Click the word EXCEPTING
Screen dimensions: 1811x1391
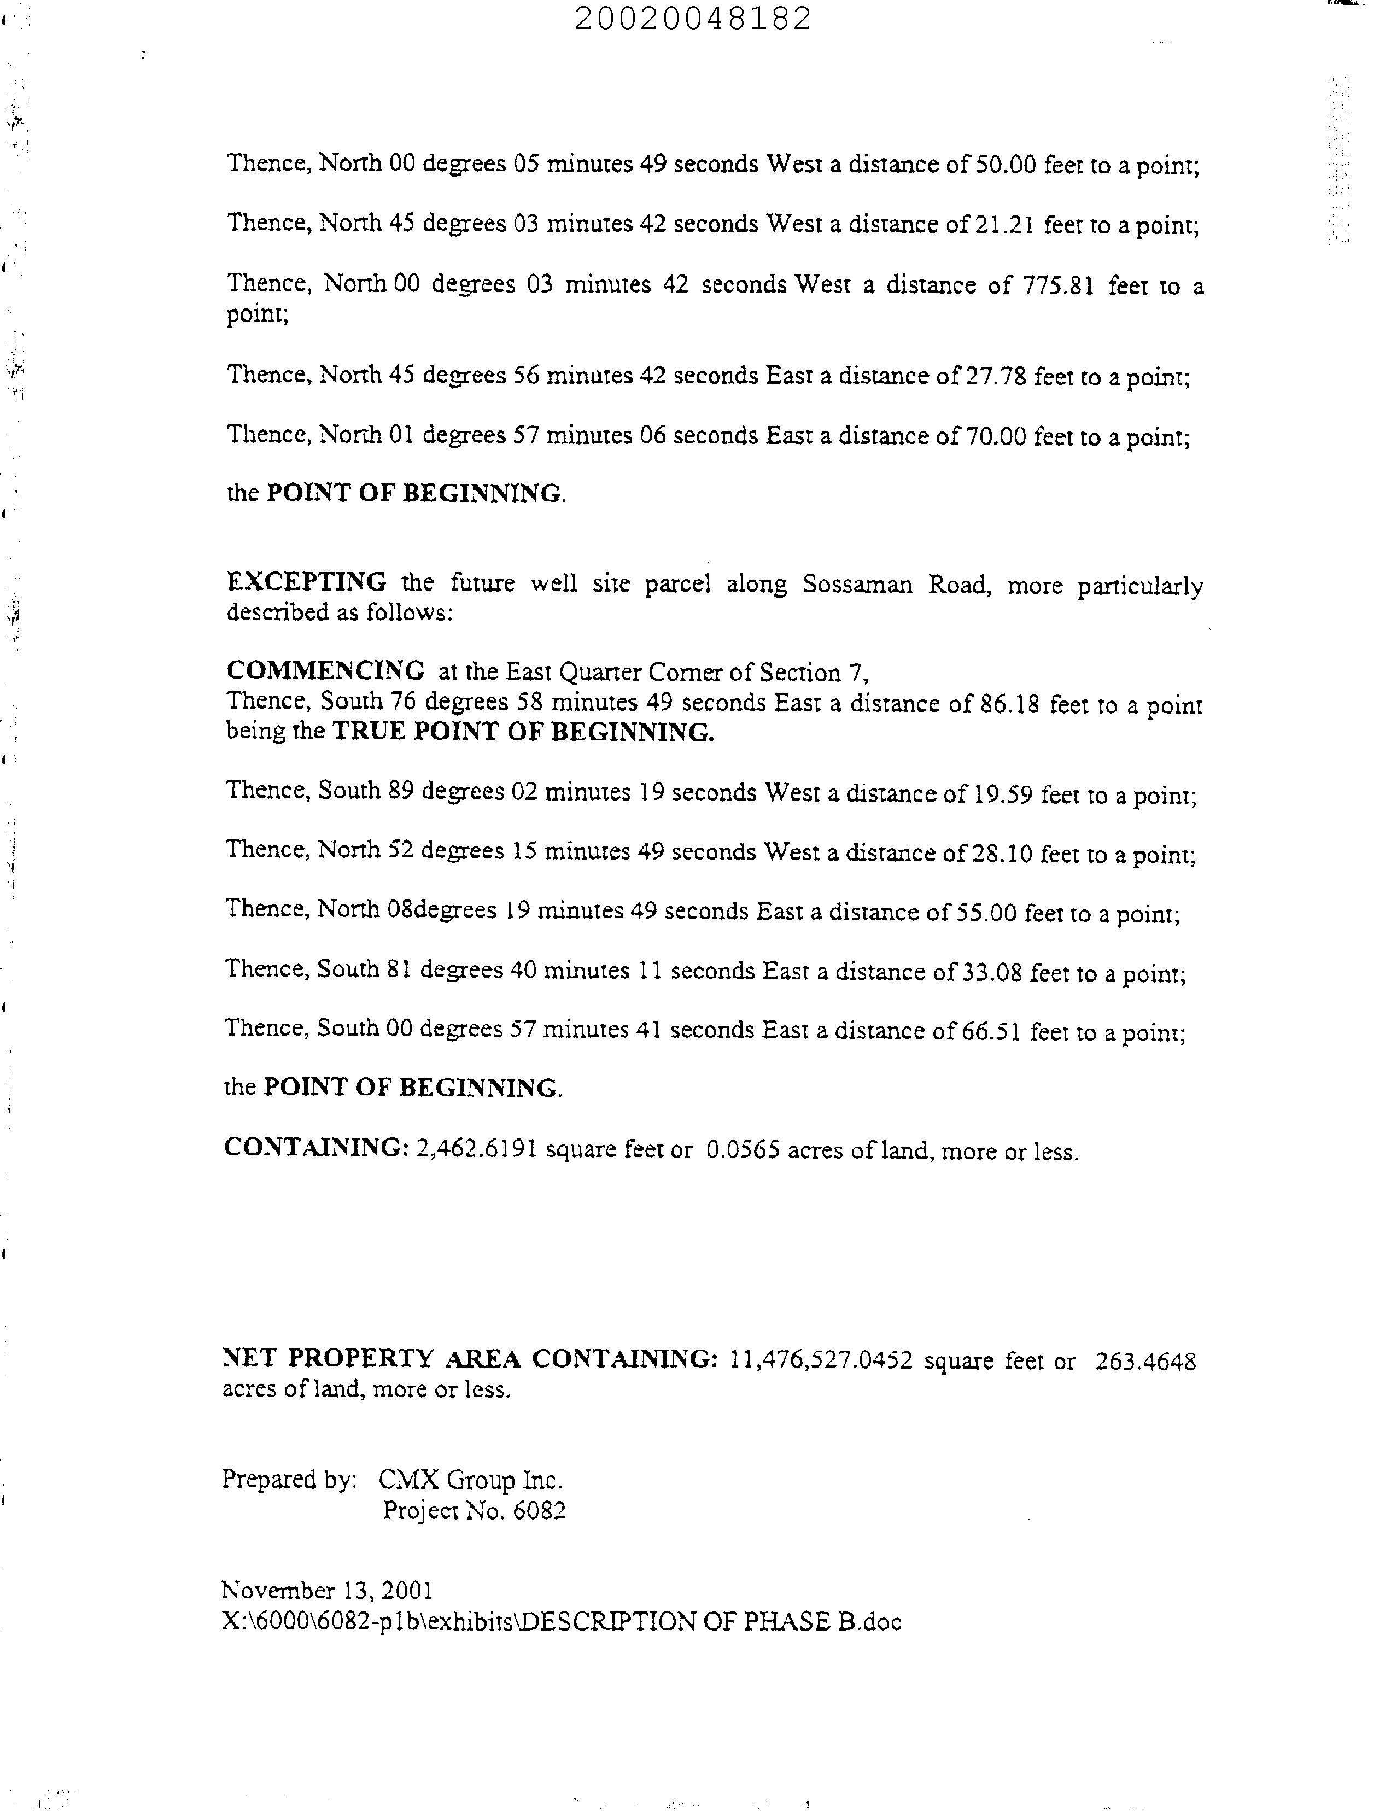(x=306, y=582)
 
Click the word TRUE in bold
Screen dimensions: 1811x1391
(x=369, y=732)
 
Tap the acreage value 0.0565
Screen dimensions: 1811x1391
(x=742, y=1151)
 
